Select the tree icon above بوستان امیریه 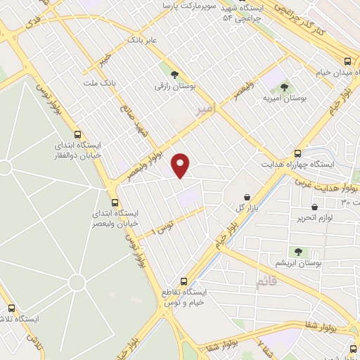(284, 87)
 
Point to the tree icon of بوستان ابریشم (299, 251)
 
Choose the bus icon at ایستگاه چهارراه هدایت (298, 153)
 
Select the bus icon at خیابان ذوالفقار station (77, 134)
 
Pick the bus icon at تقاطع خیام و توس (184, 281)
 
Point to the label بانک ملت (99, 82)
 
